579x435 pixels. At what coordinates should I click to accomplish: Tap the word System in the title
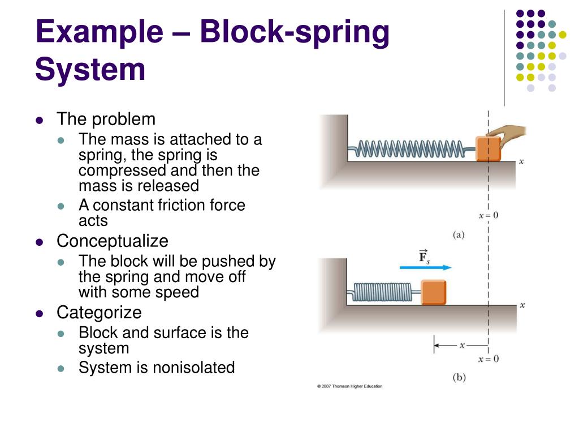pos(90,70)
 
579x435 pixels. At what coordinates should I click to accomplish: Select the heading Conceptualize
pos(112,241)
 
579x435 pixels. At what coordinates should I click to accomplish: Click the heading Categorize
pos(99,313)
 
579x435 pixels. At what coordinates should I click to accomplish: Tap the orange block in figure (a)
pos(488,149)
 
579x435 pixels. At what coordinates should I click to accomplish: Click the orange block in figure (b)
pos(433,292)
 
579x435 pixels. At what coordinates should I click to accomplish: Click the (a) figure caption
pos(459,234)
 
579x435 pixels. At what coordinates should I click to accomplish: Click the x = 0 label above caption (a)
pos(489,216)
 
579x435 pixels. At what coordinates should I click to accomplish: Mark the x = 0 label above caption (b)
pos(489,359)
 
